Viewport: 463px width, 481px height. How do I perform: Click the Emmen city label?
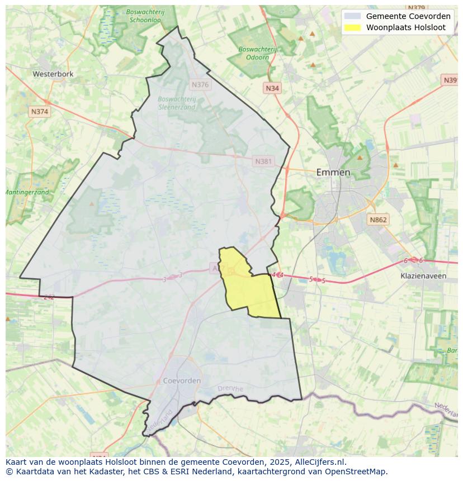tap(333, 172)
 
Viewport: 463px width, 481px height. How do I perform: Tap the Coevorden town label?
tap(182, 380)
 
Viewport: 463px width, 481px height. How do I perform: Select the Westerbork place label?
tap(53, 74)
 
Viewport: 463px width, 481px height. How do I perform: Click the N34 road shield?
tap(272, 88)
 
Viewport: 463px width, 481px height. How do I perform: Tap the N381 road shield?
tap(263, 161)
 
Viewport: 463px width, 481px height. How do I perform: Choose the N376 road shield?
tap(200, 85)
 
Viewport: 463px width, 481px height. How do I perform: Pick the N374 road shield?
tap(40, 112)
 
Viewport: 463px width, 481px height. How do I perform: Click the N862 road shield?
tap(378, 220)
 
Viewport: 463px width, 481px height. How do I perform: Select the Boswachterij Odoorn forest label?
tap(257, 53)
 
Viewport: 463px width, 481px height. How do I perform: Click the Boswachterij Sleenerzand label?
tap(177, 103)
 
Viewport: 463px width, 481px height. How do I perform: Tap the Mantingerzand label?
tap(27, 192)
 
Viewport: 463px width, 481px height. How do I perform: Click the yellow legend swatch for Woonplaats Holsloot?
tap(352, 27)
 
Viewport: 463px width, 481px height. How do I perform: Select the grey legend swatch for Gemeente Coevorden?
tap(352, 16)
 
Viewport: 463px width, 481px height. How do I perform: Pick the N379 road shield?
tap(417, 8)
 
